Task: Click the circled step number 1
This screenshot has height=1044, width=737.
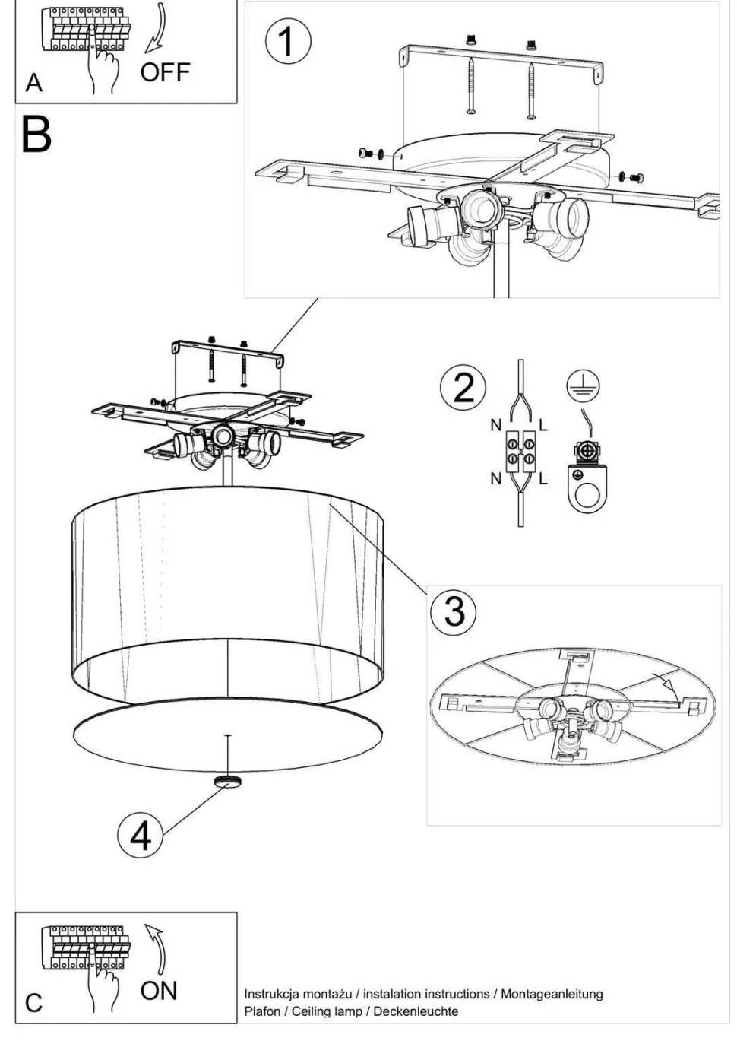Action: (x=287, y=42)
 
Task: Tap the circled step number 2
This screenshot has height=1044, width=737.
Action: (x=463, y=388)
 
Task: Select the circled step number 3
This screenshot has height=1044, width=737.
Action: (x=454, y=611)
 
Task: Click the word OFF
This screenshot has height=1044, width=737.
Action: (x=166, y=72)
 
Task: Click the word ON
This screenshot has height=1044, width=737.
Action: (x=159, y=991)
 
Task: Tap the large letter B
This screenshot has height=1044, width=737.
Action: (x=36, y=135)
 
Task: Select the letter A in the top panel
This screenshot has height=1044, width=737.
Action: (x=34, y=84)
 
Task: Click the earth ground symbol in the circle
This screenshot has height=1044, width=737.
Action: (x=584, y=386)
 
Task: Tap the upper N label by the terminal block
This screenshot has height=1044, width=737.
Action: (x=496, y=425)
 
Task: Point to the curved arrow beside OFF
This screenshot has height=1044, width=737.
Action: (x=158, y=29)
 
